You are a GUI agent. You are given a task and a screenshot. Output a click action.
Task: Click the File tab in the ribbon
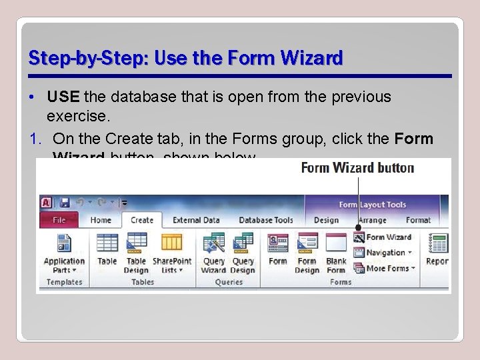(x=59, y=220)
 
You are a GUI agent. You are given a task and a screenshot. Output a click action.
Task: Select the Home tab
(x=101, y=220)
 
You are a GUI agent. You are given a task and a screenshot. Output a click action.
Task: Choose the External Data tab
(x=196, y=220)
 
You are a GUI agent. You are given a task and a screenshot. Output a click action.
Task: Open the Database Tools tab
(x=266, y=220)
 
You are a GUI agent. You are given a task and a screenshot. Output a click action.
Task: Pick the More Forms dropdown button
(x=385, y=268)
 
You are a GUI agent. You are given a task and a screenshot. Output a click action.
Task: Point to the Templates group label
(x=64, y=282)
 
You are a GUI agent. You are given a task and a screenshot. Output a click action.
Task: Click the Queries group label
(x=228, y=282)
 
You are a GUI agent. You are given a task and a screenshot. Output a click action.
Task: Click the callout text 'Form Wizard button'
(x=357, y=167)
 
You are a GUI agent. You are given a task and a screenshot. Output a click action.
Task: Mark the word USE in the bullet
(x=63, y=97)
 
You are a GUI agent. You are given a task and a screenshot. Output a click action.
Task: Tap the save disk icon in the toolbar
(x=65, y=203)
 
